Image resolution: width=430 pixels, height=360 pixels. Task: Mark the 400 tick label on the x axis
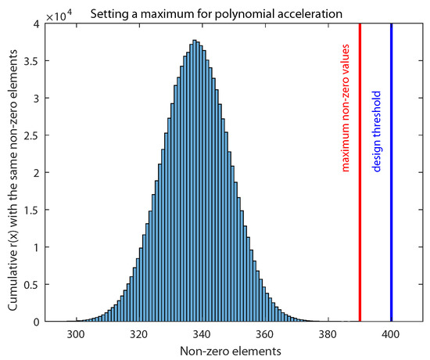click(x=391, y=333)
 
